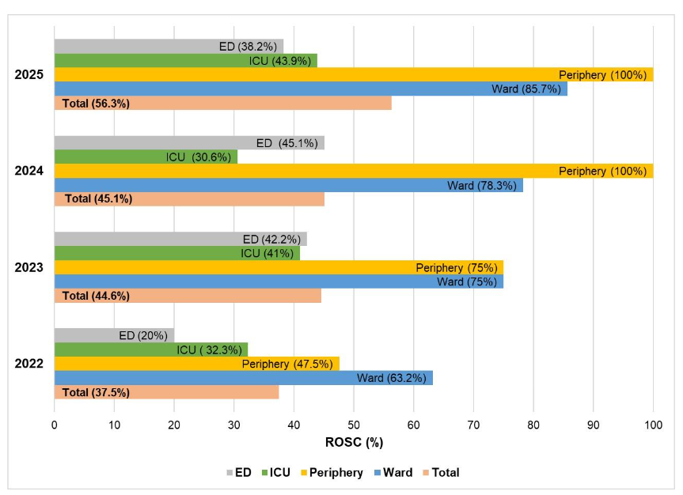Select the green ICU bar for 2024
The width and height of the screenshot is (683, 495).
119,157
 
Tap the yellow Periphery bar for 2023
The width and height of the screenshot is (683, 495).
237,268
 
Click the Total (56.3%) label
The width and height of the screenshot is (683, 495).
96,104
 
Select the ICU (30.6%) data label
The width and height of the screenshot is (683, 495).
198,157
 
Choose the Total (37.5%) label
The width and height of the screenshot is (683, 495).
96,393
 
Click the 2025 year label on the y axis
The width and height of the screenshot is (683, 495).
29,75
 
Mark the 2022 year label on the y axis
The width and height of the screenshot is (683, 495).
29,365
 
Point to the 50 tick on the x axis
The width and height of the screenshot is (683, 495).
354,425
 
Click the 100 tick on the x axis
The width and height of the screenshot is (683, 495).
653,425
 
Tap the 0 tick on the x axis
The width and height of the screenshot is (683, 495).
54,425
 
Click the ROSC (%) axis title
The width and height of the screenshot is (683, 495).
354,442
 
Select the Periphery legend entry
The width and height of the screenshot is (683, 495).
331,473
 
